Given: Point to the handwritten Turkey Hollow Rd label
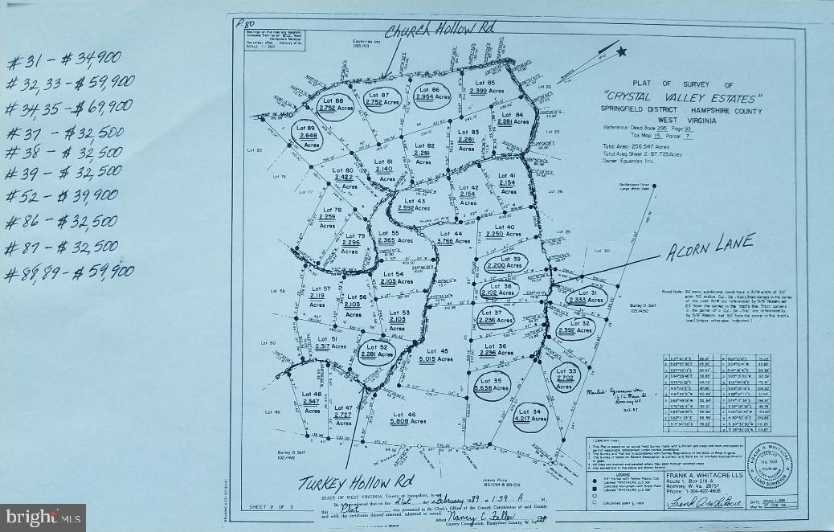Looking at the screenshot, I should (x=351, y=482).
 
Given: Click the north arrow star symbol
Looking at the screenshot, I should (x=621, y=51).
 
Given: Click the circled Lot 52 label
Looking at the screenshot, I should (x=376, y=351).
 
